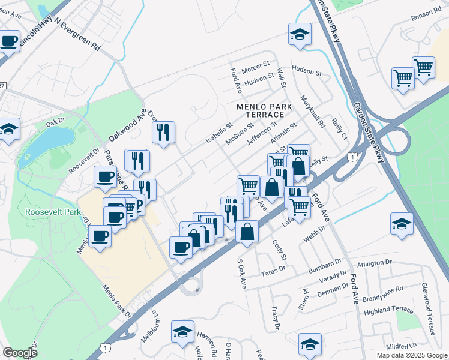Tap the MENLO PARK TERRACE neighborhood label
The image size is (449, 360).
click(264, 110)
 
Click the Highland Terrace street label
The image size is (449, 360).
click(388, 310)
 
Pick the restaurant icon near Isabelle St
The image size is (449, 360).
click(163, 133)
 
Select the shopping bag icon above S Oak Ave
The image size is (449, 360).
click(247, 231)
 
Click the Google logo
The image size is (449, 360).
click(20, 353)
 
